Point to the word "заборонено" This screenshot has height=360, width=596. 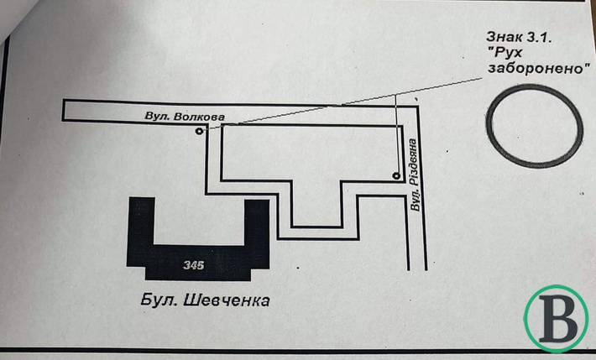click(536, 68)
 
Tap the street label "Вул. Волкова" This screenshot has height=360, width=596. click(185, 117)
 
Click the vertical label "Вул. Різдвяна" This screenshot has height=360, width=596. click(415, 175)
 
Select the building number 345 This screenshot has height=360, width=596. click(193, 264)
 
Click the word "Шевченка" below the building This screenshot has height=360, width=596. click(227, 300)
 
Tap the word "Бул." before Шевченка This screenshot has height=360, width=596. click(160, 300)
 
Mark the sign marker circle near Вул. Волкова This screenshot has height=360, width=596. click(199, 131)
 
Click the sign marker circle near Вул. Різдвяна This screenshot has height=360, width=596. click(396, 175)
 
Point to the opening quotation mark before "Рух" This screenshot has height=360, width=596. click(490, 50)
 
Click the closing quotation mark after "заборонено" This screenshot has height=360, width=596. click(588, 65)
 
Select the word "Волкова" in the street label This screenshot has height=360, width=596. click(199, 117)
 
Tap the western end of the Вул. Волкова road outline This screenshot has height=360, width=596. click(63, 110)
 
